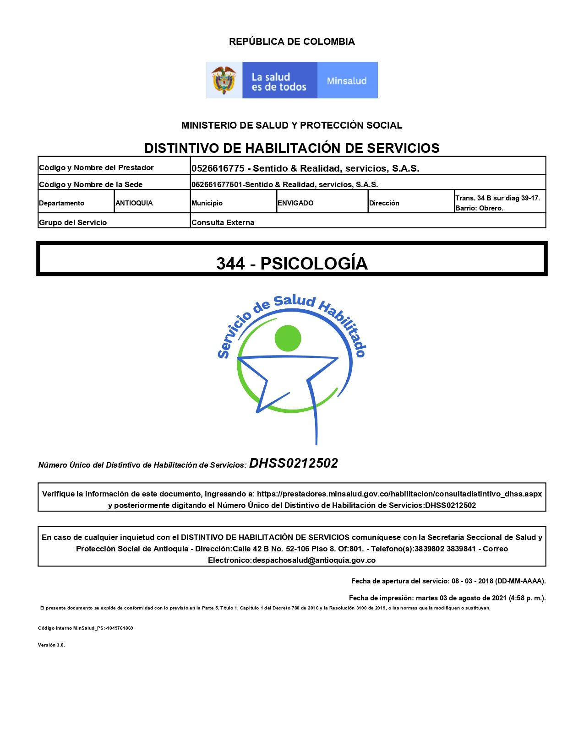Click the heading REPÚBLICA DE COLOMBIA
pyautogui.click(x=292, y=42)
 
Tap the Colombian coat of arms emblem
pyautogui.click(x=224, y=80)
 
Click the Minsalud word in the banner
pyautogui.click(x=347, y=81)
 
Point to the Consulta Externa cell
pyautogui.click(x=223, y=222)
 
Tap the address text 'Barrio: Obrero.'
pyautogui.click(x=479, y=208)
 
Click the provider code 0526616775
pyautogui.click(x=218, y=168)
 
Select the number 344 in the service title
pyautogui.click(x=230, y=264)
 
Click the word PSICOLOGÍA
pyautogui.click(x=314, y=264)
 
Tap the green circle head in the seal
pyautogui.click(x=288, y=339)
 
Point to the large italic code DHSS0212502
pyautogui.click(x=294, y=464)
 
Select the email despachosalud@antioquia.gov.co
pyautogui.click(x=314, y=560)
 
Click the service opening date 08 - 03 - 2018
pyautogui.click(x=472, y=581)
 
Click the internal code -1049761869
pyautogui.click(x=120, y=628)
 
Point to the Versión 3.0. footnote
pyautogui.click(x=51, y=645)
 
